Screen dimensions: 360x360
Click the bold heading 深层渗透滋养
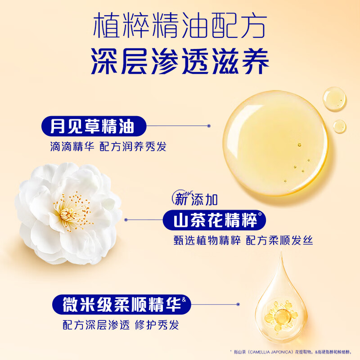[x=180, y=61]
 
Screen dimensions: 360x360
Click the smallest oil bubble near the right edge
[x=339, y=126]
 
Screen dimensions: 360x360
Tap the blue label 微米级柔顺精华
[x=118, y=304]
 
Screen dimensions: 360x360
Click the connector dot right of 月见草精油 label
[x=208, y=126]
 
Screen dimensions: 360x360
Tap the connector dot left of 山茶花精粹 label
[x=126, y=220]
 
